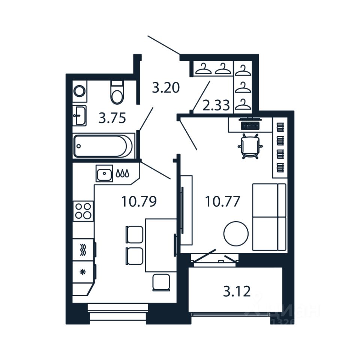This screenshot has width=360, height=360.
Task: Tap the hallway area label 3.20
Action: pos(166,88)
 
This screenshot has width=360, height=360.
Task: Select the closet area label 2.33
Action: pos(216,105)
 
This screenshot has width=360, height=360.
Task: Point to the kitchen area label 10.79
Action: pos(138,202)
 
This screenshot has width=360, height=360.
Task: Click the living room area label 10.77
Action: pos(222,202)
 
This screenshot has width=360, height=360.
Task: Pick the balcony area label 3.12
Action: pos(237,291)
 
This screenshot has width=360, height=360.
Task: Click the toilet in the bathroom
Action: pos(117,93)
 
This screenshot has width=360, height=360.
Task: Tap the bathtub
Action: pos(103,146)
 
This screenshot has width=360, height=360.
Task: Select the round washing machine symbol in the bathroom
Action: pos(79,91)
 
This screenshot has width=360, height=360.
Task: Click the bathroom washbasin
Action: pos(79,115)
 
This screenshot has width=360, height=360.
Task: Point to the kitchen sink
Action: pos(104,174)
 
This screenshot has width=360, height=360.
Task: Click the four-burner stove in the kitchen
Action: pos(83,211)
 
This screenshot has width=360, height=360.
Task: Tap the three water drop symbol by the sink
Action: pos(123,174)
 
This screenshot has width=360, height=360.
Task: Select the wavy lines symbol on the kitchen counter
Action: pos(83,250)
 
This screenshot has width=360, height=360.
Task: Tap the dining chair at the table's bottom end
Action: pos(162,282)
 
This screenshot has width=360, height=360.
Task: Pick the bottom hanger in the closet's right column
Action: pos(243,104)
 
